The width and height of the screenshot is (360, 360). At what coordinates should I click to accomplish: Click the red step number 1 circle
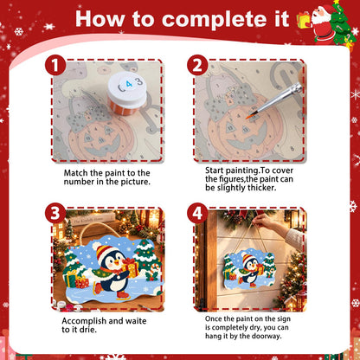[55, 66]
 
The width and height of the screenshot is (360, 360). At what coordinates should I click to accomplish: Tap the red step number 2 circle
[197, 66]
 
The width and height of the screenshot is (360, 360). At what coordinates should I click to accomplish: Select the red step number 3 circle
[55, 213]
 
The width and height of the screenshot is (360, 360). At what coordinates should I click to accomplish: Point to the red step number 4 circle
[197, 213]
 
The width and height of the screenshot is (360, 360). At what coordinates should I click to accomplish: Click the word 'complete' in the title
[226, 20]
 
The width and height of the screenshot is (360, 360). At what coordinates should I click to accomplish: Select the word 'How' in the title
[100, 19]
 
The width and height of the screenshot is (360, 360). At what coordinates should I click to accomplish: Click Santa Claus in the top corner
[323, 24]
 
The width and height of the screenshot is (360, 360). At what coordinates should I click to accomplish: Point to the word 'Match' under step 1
[76, 173]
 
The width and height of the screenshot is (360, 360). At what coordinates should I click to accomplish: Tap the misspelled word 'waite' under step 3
[136, 321]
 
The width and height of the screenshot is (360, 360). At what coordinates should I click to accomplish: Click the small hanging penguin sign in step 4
[249, 268]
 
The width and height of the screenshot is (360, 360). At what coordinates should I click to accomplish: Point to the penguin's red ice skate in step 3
[123, 296]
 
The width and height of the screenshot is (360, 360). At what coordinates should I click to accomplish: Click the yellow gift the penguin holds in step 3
[130, 268]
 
